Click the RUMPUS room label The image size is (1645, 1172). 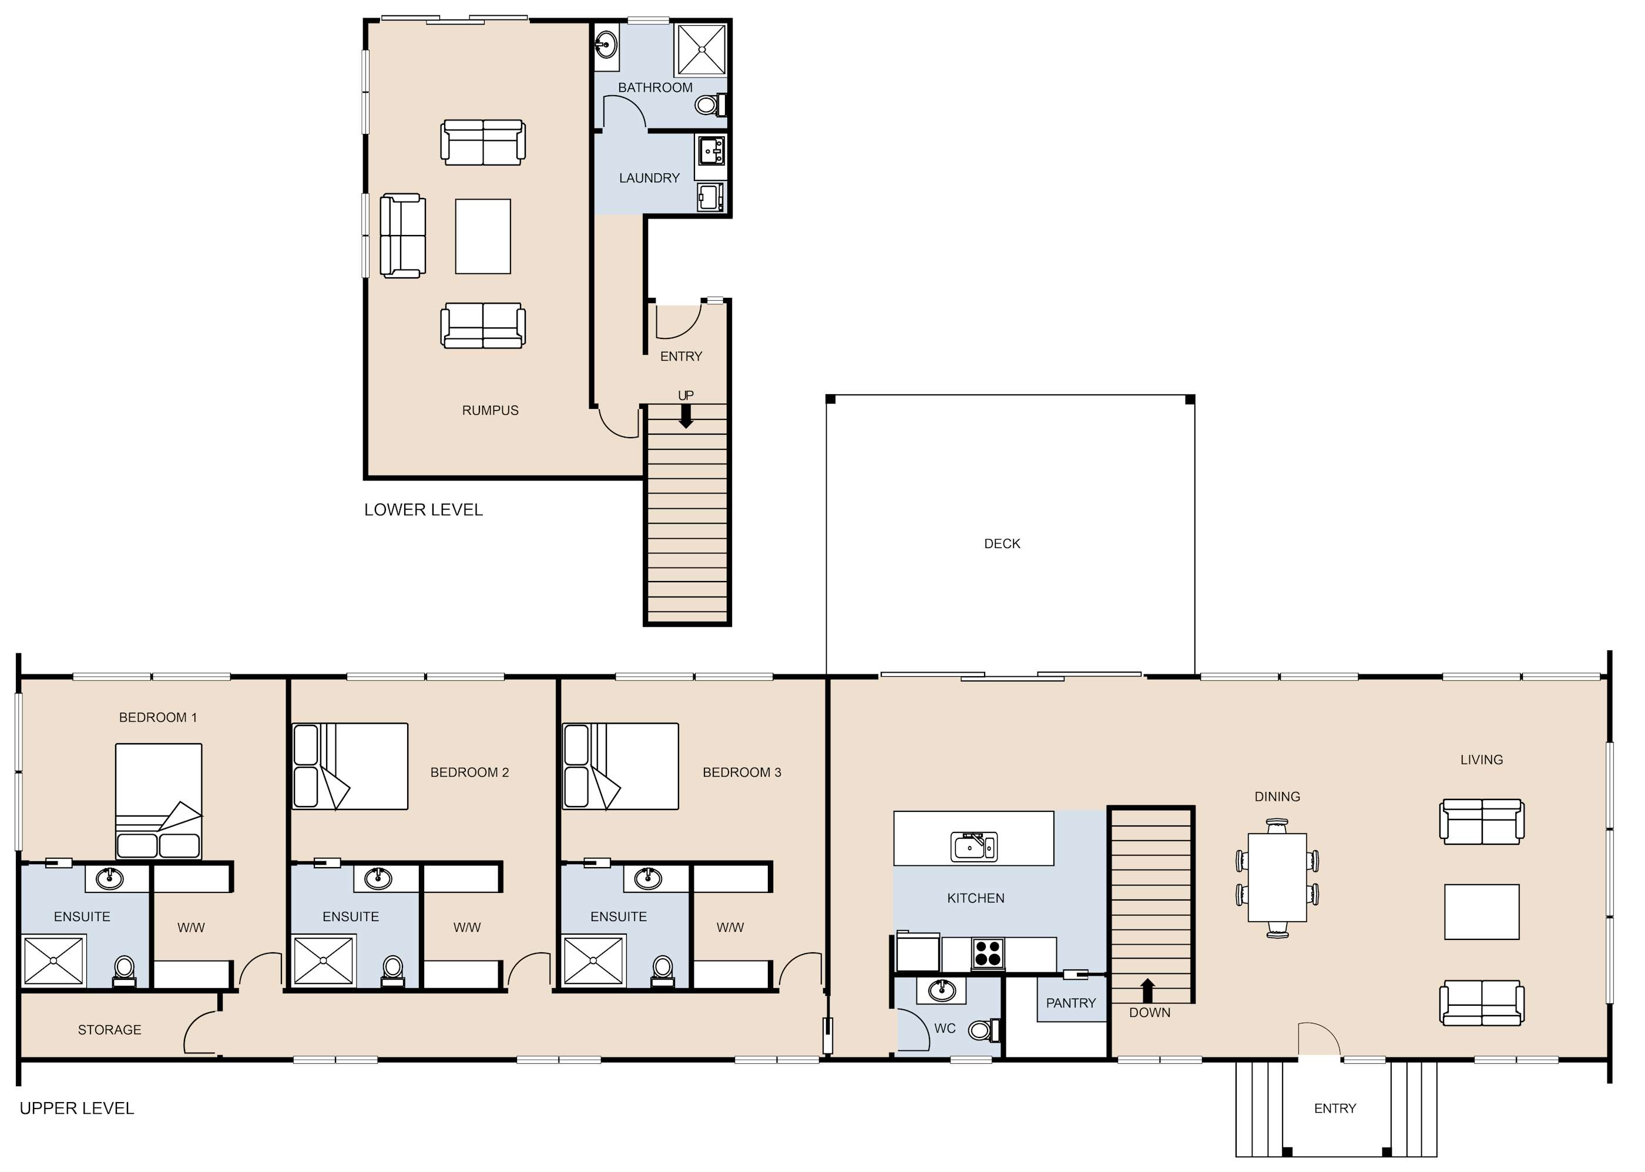click(490, 410)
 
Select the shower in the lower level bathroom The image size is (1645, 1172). click(700, 49)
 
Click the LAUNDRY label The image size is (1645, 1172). click(649, 177)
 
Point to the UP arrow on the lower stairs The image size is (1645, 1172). click(686, 416)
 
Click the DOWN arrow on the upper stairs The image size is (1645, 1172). click(1147, 991)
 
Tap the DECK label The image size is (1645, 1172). click(1002, 543)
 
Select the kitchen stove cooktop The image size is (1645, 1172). click(988, 953)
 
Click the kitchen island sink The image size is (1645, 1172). click(974, 847)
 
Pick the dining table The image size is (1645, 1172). click(1277, 878)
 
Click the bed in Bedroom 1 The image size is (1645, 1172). click(159, 802)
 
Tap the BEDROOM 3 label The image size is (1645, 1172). click(741, 772)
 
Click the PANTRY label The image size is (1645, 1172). click(1070, 1002)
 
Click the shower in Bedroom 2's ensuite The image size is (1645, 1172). click(323, 961)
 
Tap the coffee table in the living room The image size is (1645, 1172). click(1482, 912)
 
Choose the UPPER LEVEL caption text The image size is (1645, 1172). click(76, 1109)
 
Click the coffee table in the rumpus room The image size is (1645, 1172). click(483, 237)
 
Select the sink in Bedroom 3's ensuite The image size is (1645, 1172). click(647, 878)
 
